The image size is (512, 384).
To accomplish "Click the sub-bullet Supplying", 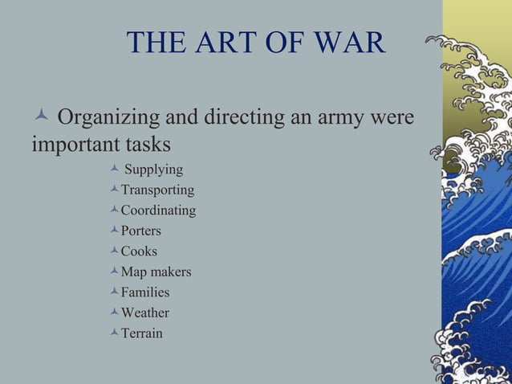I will [153, 170].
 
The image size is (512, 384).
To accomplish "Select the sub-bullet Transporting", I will [157, 190].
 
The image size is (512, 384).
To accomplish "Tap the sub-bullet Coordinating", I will [158, 210].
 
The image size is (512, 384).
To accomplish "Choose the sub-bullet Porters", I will [140, 231].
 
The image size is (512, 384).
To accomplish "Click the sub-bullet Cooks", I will [139, 251].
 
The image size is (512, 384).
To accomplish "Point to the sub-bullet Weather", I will [144, 313].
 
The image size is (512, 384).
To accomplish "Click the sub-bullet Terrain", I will [141, 333].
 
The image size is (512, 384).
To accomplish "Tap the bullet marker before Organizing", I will [39, 119].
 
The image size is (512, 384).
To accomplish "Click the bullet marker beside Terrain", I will [115, 332].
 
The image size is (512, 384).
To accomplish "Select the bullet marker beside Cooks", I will [115, 250].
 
